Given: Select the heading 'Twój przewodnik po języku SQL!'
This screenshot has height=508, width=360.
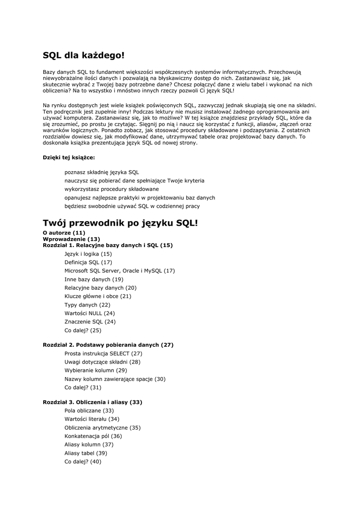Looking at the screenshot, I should pos(120,223).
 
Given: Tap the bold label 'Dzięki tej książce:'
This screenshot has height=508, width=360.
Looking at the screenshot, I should pos(69,157).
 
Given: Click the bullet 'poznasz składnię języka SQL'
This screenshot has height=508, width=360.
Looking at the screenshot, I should pos(102,172).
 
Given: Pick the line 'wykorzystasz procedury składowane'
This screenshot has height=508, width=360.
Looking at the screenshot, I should pos(112,189).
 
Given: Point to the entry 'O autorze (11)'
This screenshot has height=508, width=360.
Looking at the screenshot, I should pos(64,233).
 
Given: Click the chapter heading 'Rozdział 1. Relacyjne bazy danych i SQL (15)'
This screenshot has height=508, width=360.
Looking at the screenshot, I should pos(108,245).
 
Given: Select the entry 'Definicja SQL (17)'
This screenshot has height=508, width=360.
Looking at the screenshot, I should pos(88,262).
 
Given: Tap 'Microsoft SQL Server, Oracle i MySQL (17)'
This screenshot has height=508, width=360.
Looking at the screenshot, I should pos(120,270).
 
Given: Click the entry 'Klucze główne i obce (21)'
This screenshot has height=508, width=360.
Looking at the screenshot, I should pos(98,296).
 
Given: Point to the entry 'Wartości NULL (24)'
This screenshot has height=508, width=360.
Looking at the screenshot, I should pos(89,313).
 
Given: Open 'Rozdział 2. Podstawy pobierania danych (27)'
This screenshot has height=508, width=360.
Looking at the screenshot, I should pos(108,345).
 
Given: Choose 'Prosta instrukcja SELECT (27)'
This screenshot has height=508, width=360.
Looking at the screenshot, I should pos(103,353).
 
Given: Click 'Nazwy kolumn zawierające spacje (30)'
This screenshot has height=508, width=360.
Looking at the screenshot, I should pos(115,379).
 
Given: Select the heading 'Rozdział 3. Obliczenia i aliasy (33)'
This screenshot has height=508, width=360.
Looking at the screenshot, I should pos(92,402).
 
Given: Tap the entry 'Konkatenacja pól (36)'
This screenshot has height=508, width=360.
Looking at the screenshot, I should pos(93,436).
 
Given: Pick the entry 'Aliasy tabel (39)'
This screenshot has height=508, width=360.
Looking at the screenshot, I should pos(86,453).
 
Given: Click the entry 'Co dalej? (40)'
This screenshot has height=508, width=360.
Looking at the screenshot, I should pos(83,461).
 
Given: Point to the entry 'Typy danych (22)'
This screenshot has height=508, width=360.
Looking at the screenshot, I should pos(87,305).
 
